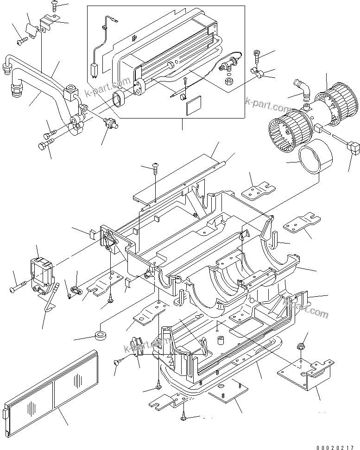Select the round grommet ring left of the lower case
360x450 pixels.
pos(101,335)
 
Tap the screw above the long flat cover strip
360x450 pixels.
pos(156,169)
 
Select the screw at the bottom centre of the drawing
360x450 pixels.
pos(184,419)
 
